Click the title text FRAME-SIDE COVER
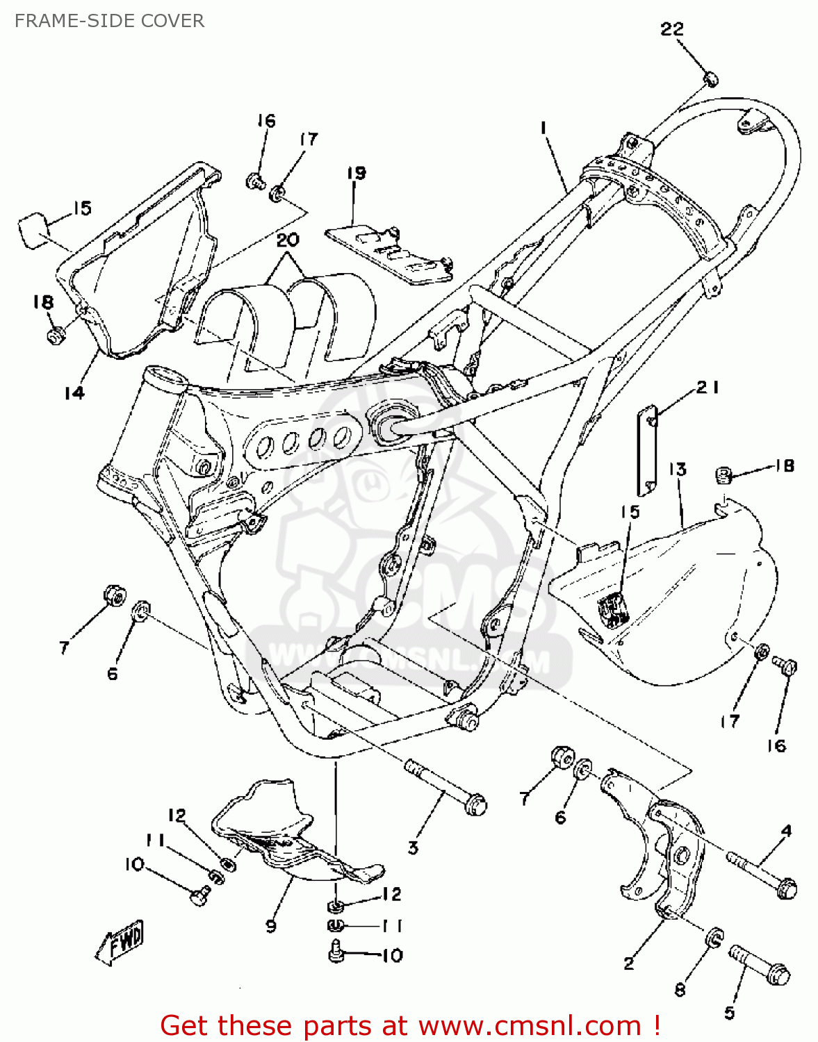[109, 21]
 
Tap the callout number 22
[672, 29]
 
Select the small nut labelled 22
[710, 79]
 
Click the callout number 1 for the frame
[543, 127]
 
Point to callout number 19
[357, 172]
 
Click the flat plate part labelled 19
[388, 254]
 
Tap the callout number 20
[288, 240]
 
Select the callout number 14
[74, 392]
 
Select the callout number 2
[629, 963]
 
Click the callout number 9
[270, 925]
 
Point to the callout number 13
[678, 470]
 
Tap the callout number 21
[707, 388]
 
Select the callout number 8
[680, 989]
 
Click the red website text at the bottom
[410, 1025]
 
